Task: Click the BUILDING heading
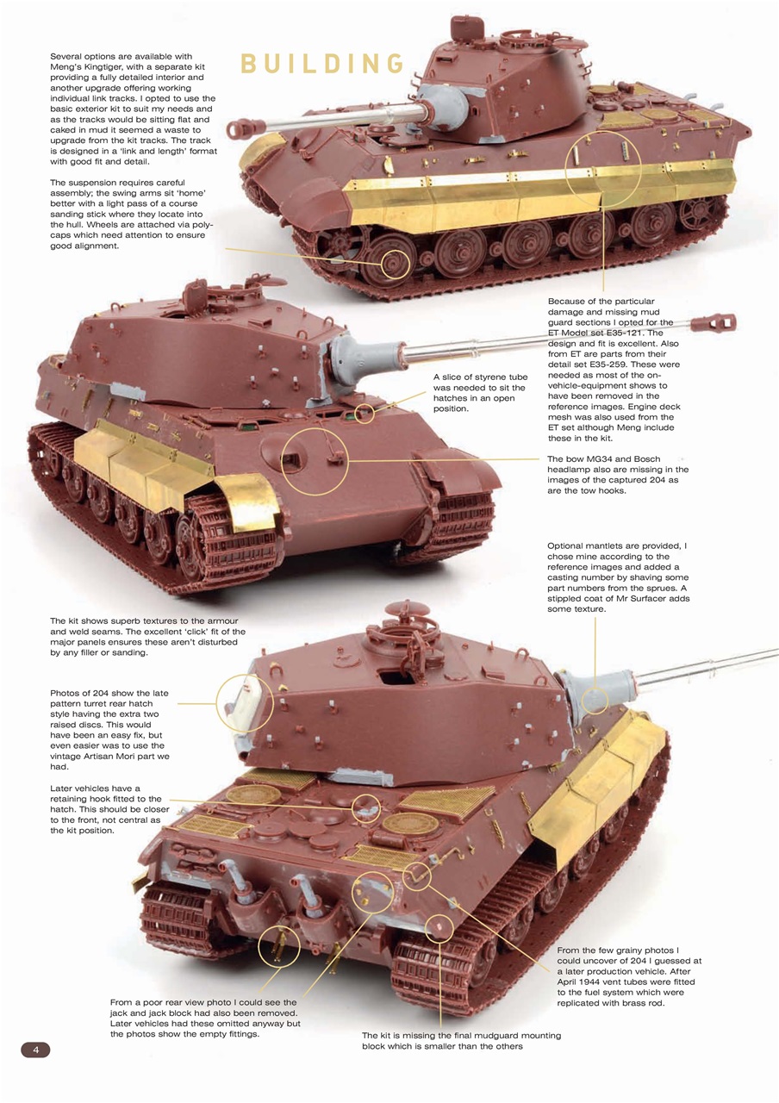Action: click(322, 65)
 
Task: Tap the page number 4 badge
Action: click(35, 1050)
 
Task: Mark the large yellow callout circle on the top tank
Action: click(603, 169)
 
